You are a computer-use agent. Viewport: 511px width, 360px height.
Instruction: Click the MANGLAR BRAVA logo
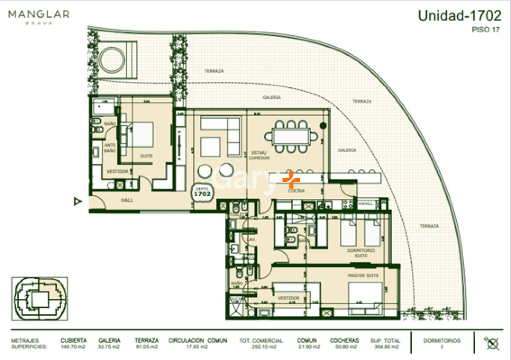point(38,17)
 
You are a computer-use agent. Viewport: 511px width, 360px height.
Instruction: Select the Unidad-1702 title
point(459,16)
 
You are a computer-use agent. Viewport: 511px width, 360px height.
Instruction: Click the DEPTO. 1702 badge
point(203,192)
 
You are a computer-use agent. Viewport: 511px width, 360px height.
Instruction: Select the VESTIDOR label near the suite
point(117,171)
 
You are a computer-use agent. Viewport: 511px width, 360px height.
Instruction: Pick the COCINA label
point(296,191)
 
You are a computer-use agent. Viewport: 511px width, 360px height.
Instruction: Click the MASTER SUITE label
point(363,276)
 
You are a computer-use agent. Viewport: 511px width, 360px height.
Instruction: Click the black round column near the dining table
point(323,126)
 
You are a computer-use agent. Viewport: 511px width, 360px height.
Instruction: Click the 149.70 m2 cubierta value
point(73,347)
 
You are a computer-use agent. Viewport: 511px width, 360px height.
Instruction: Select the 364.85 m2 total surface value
point(385,347)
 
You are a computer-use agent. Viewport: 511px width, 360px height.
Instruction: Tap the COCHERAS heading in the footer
point(344,340)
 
